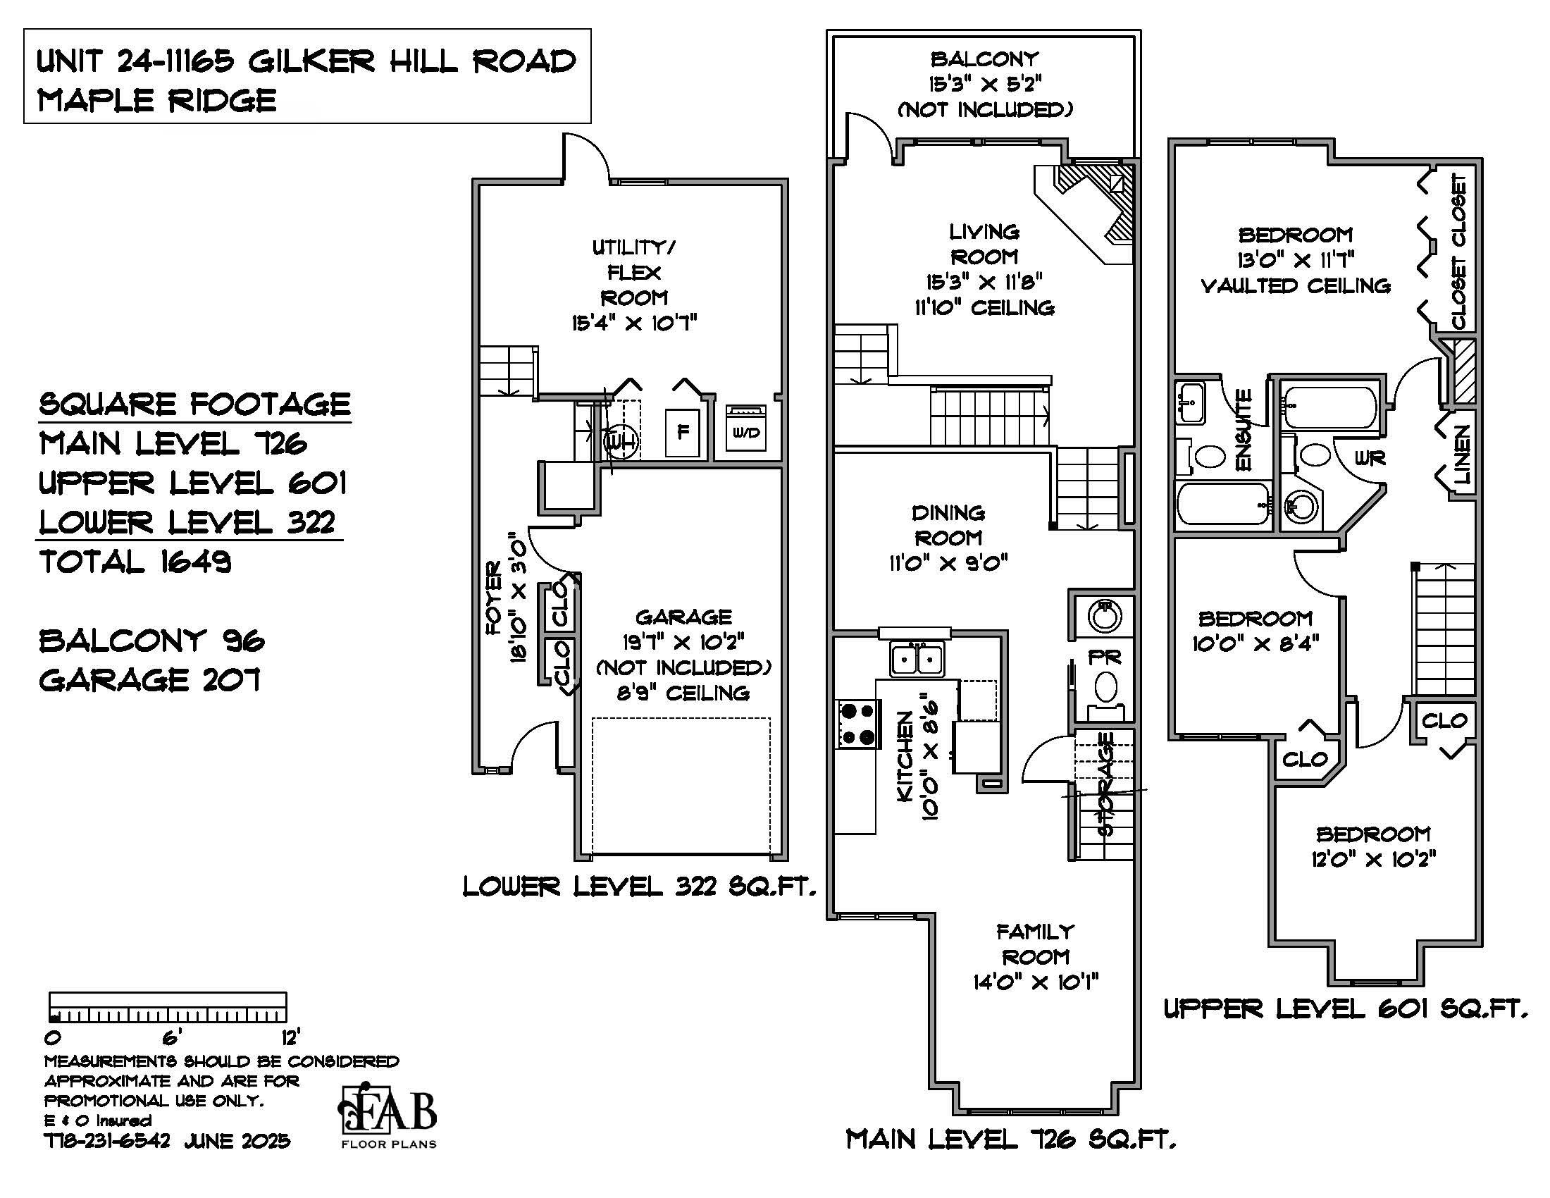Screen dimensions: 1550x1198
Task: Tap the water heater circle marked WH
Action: click(621, 441)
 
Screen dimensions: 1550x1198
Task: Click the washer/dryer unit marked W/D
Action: click(745, 428)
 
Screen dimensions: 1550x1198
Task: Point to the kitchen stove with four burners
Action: click(857, 724)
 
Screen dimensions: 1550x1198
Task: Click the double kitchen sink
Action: click(917, 660)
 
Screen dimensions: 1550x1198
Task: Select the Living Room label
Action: click(984, 244)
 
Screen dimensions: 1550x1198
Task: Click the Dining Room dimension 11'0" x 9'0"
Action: click(948, 564)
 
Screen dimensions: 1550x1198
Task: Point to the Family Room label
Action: click(1036, 944)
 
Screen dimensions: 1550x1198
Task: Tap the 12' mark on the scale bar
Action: click(290, 1037)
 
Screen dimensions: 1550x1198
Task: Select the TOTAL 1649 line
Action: click(135, 562)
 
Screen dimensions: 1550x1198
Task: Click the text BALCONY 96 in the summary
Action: click(152, 641)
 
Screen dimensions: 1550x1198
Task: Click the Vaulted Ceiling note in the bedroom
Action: click(1295, 286)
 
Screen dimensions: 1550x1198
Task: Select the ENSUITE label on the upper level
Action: click(1243, 429)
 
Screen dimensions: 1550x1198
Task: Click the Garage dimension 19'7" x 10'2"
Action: click(683, 642)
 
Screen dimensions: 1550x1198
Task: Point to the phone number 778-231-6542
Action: click(107, 1141)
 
